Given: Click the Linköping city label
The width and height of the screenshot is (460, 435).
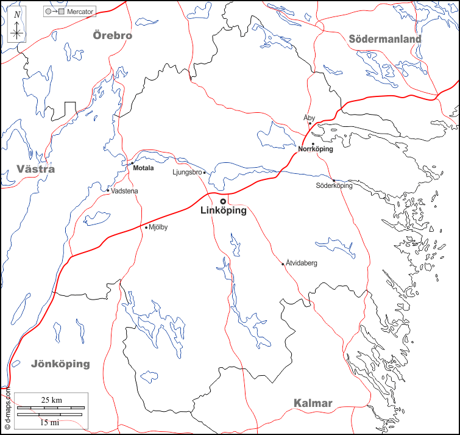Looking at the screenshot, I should pyautogui.click(x=223, y=211).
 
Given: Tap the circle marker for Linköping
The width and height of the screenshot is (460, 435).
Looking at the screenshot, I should pyautogui.click(x=223, y=201).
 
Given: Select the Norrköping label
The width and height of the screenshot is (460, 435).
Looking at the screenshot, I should pyautogui.click(x=316, y=149).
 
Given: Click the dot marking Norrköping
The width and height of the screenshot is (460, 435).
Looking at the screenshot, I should pyautogui.click(x=313, y=144).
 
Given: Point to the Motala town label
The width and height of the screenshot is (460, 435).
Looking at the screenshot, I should pyautogui.click(x=144, y=168).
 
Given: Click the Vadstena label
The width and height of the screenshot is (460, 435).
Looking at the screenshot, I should pyautogui.click(x=125, y=192).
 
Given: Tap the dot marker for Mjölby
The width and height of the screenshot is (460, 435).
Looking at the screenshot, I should pyautogui.click(x=146, y=228).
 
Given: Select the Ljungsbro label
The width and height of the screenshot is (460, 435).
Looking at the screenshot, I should pyautogui.click(x=187, y=173).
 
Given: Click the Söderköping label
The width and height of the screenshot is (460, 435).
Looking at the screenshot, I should pyautogui.click(x=334, y=185).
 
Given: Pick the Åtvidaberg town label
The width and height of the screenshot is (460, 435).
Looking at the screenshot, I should pyautogui.click(x=302, y=264).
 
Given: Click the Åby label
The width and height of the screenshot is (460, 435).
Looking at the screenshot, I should pyautogui.click(x=309, y=117).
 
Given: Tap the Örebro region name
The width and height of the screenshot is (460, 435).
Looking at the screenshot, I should pyautogui.click(x=112, y=35).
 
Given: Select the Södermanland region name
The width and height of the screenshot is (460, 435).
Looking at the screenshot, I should pyautogui.click(x=385, y=39).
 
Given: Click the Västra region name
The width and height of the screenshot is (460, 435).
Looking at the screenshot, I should pyautogui.click(x=36, y=169).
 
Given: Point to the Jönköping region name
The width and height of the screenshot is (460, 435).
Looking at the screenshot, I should pyautogui.click(x=60, y=364).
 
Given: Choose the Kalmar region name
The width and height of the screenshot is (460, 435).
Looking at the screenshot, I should pyautogui.click(x=313, y=403).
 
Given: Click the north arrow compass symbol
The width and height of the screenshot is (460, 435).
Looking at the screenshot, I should pyautogui.click(x=17, y=26).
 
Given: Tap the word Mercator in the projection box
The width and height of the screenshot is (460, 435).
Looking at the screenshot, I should pyautogui.click(x=80, y=12).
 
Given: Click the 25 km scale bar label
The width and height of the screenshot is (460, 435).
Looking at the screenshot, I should pyautogui.click(x=52, y=400).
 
